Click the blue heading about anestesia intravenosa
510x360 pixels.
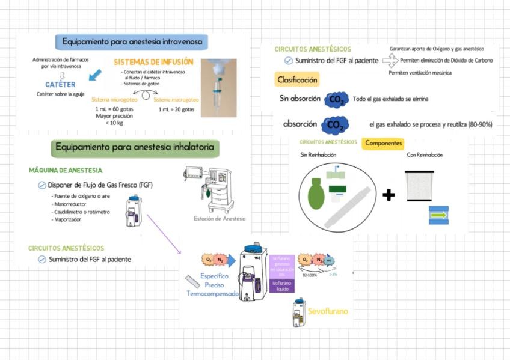pyautogui.click(x=132, y=41)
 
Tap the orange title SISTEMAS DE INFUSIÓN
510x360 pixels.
pyautogui.click(x=153, y=62)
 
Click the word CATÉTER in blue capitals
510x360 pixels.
pyautogui.click(x=60, y=85)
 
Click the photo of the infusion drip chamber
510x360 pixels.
pyautogui.click(x=218, y=87)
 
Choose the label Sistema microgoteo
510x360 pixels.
pyautogui.click(x=114, y=100)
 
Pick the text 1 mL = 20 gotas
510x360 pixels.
pyautogui.click(x=176, y=109)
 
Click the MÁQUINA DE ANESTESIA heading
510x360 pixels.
pyautogui.click(x=66, y=171)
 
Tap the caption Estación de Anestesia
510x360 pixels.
pyautogui.click(x=220, y=218)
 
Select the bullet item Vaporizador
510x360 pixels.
pyautogui.click(x=66, y=219)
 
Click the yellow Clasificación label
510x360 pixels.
pyautogui.click(x=297, y=79)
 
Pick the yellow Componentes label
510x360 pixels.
pyautogui.click(x=384, y=143)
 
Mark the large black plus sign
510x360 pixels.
pyautogui.click(x=389, y=195)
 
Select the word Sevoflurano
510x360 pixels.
pyautogui.click(x=328, y=312)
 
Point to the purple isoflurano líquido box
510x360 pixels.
pyautogui.click(x=283, y=285)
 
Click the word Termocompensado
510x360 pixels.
pyautogui.click(x=213, y=294)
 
